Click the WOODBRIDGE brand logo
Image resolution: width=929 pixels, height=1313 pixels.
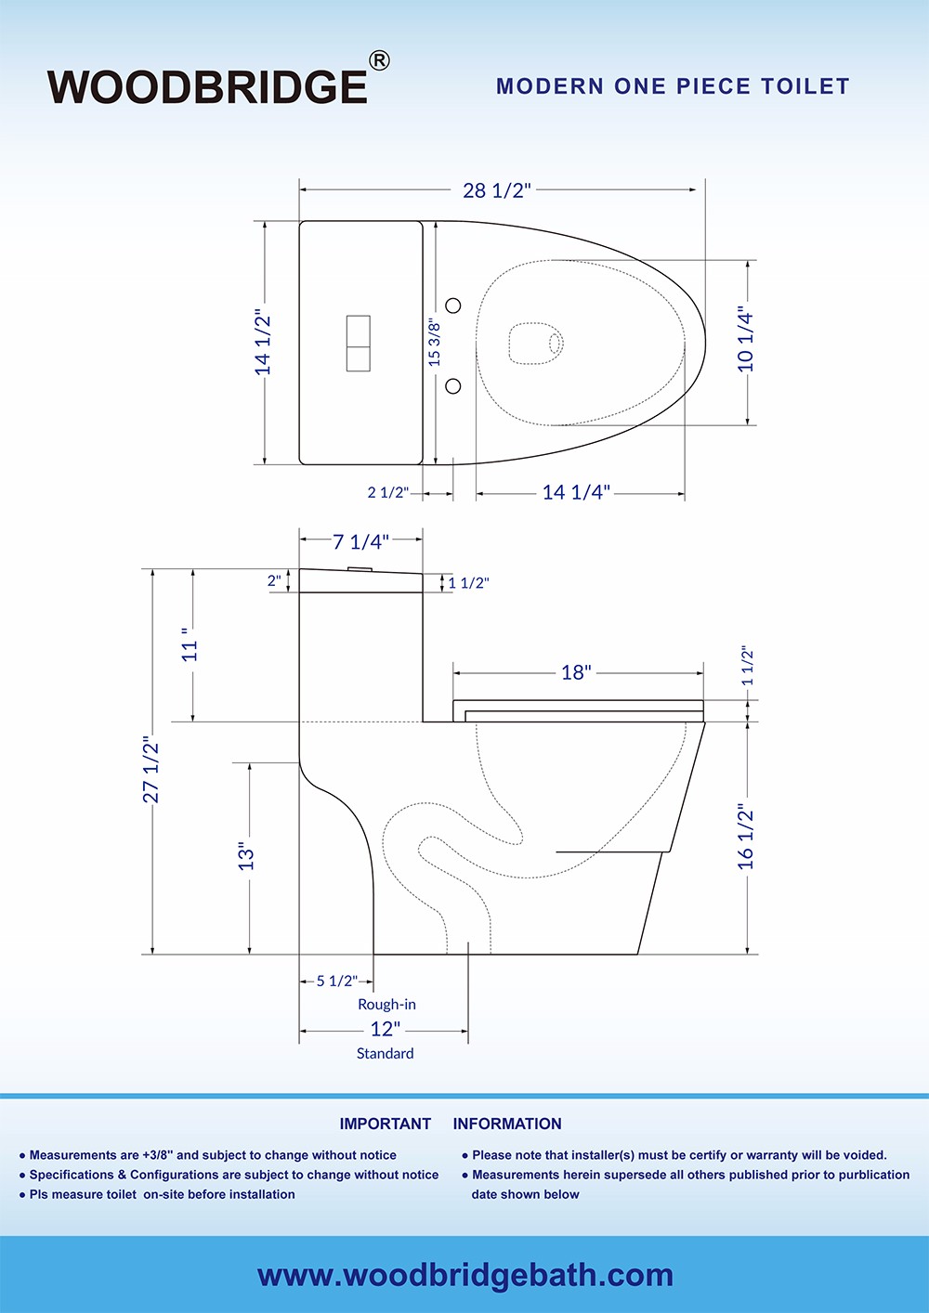pyautogui.click(x=207, y=86)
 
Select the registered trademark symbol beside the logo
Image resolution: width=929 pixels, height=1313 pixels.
pyautogui.click(x=379, y=61)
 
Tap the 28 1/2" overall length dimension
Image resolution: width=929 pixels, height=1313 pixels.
pyautogui.click(x=497, y=190)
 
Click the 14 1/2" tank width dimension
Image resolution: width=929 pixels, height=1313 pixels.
pyautogui.click(x=264, y=344)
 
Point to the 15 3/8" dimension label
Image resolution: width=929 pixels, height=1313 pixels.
pyautogui.click(x=434, y=342)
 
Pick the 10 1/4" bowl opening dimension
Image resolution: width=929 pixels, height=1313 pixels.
pyautogui.click(x=746, y=340)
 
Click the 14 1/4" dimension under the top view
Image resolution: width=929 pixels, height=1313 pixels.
pyautogui.click(x=576, y=492)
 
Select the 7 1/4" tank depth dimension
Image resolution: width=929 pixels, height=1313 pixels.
pyautogui.click(x=360, y=542)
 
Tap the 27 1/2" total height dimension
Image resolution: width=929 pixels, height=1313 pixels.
pyautogui.click(x=151, y=770)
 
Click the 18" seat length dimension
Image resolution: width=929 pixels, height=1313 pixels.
pyautogui.click(x=576, y=672)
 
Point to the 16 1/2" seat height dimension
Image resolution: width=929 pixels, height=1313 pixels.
pyautogui.click(x=746, y=838)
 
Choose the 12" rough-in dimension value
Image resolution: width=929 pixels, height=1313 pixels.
pyautogui.click(x=385, y=1029)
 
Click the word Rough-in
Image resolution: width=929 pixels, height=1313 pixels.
pyautogui.click(x=386, y=1004)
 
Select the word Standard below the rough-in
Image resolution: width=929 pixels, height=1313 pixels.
pyautogui.click(x=385, y=1053)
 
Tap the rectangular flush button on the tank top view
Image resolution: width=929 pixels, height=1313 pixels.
pyautogui.click(x=358, y=344)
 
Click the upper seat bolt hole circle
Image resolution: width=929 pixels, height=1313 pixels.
pyautogui.click(x=453, y=305)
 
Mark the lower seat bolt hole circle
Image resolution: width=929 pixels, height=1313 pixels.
pyautogui.click(x=453, y=385)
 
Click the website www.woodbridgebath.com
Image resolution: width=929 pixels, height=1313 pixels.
pyautogui.click(x=464, y=1275)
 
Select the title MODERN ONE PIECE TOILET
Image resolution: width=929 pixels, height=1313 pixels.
pyautogui.click(x=673, y=86)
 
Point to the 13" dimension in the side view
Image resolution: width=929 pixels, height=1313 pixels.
pyautogui.click(x=246, y=855)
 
